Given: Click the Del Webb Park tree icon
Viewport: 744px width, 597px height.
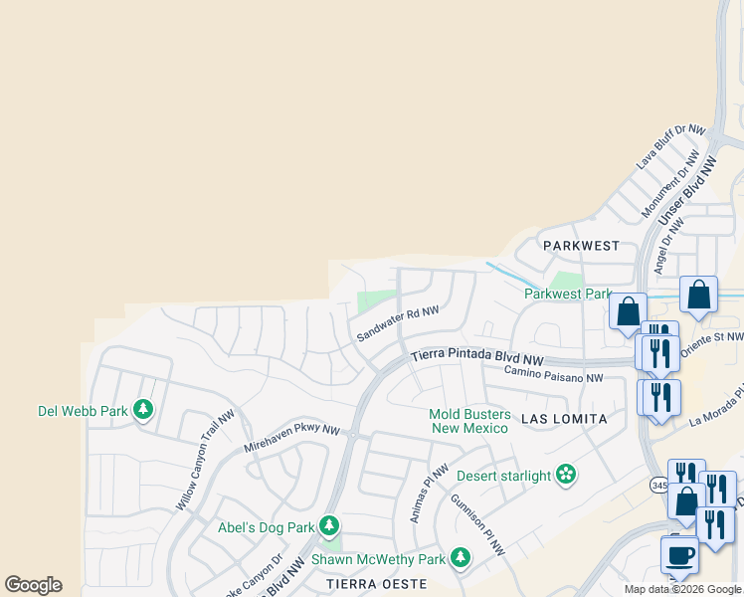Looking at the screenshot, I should coord(143,409).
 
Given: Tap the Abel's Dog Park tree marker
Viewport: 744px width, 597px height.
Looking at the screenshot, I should coord(329,525).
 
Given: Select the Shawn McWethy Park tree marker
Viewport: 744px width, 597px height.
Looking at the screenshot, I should coord(461,558).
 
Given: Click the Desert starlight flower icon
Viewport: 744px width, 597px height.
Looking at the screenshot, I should coord(566,475).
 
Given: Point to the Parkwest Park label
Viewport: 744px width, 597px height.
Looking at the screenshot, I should coord(567,294).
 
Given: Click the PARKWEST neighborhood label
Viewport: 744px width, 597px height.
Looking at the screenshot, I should coord(581,245).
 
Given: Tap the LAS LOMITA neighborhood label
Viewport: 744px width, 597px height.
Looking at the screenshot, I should coord(564,420).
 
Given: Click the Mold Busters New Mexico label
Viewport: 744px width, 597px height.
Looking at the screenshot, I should coord(470,421).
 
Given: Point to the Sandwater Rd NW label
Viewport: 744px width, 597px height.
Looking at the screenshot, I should coord(398,324).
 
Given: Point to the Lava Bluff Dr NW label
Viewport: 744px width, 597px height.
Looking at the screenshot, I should coord(670,147).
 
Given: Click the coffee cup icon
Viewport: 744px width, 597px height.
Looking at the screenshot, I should coord(679,553).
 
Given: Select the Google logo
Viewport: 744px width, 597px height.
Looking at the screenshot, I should coord(33,585).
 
